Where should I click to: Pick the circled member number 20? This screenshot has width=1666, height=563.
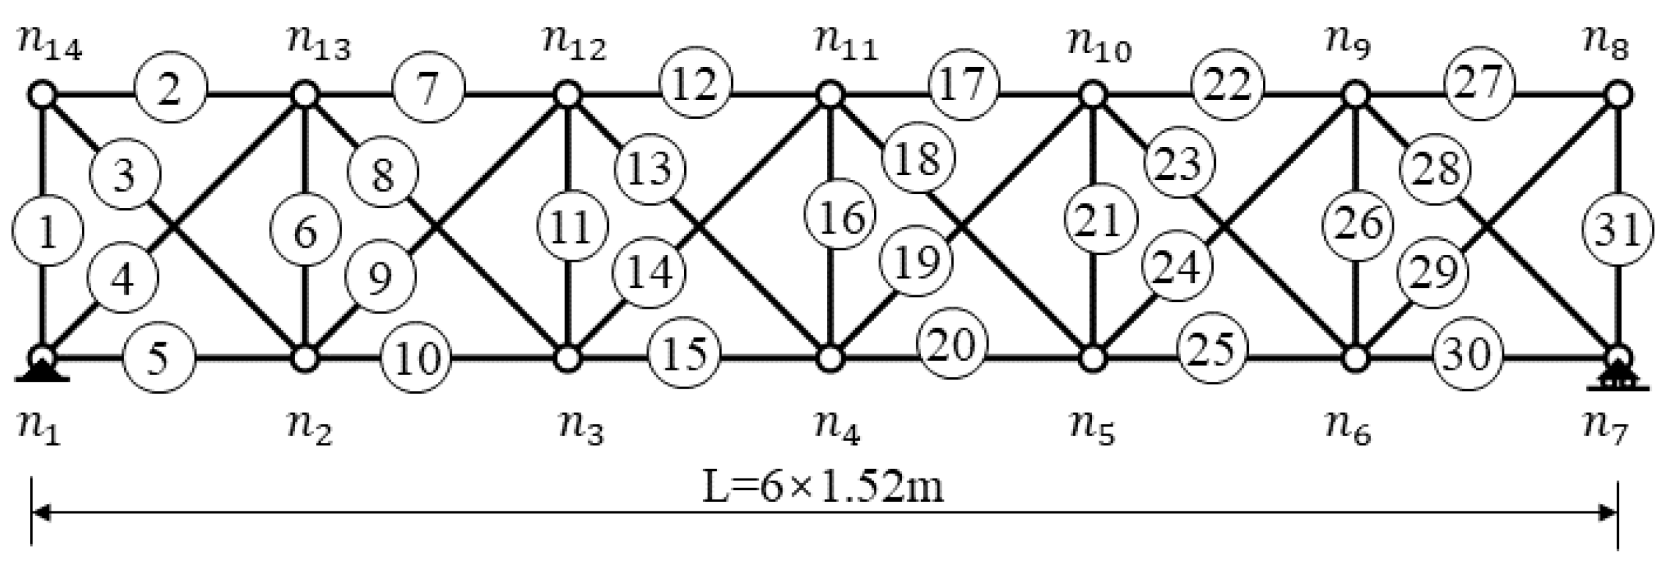tap(953, 345)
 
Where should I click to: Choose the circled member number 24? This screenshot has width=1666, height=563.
tap(1178, 267)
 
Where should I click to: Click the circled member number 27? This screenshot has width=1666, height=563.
tap(1480, 83)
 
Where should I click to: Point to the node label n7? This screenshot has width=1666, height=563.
tap(1607, 428)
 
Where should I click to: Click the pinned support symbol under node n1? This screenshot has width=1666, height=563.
tap(42, 371)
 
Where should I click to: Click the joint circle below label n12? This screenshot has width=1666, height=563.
tap(568, 95)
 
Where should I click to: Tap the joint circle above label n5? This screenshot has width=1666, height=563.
tap(1093, 358)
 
